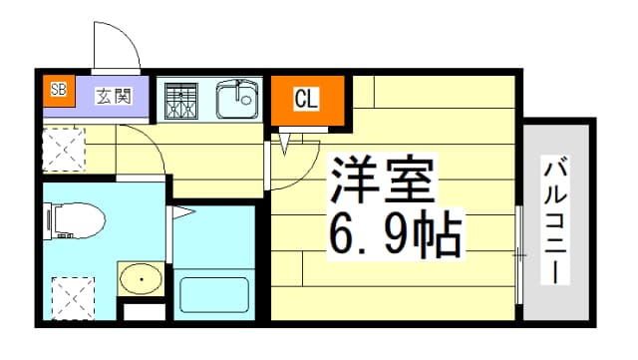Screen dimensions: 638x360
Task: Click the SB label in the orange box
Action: [x=59, y=89]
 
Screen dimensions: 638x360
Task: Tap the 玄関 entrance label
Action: [x=114, y=96]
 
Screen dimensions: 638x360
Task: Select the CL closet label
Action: [x=306, y=99]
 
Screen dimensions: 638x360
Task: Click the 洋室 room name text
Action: [x=383, y=180]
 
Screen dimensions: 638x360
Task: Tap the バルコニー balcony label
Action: [x=555, y=220]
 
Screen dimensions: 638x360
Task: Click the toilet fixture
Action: [x=74, y=220]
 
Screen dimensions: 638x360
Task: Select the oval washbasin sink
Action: [x=142, y=279]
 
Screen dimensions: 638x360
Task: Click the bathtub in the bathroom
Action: [x=214, y=295]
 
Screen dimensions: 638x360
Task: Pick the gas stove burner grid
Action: [x=181, y=102]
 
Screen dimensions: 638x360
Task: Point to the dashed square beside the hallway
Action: [x=64, y=150]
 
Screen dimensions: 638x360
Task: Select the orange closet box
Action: [x=308, y=101]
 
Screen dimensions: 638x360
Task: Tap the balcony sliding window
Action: [x=519, y=255]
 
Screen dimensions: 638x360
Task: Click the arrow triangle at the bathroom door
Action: [x=181, y=212]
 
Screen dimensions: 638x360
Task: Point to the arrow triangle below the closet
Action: [x=285, y=145]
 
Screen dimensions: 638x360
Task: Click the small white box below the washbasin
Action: [x=144, y=311]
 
